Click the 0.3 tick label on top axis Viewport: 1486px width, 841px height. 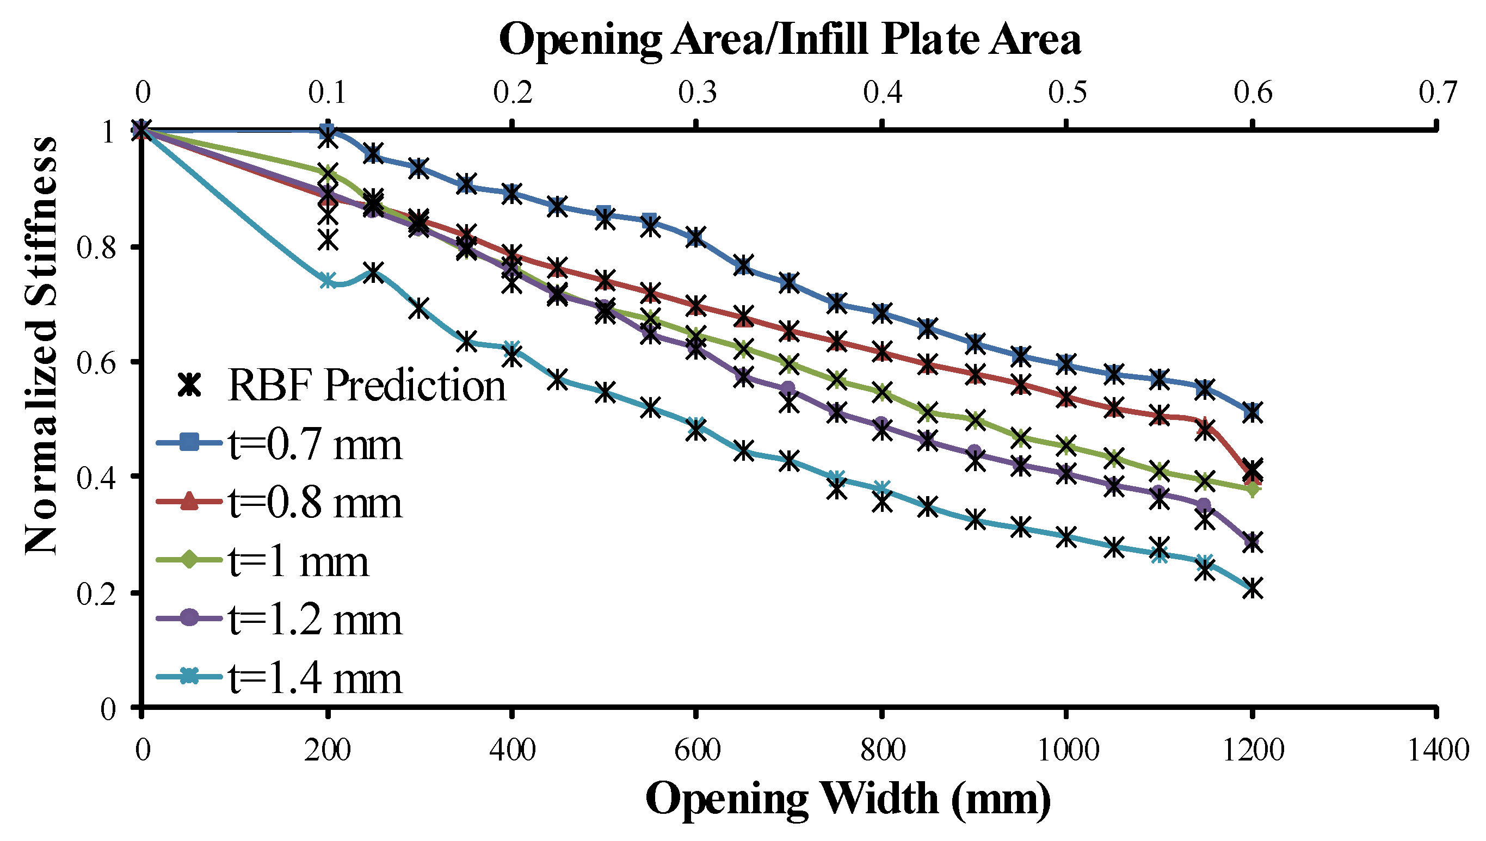tap(697, 92)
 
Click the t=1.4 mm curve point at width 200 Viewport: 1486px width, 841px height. tap(328, 281)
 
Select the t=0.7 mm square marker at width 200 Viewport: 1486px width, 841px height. tap(328, 131)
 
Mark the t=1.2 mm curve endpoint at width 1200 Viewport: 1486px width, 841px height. tap(1252, 542)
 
